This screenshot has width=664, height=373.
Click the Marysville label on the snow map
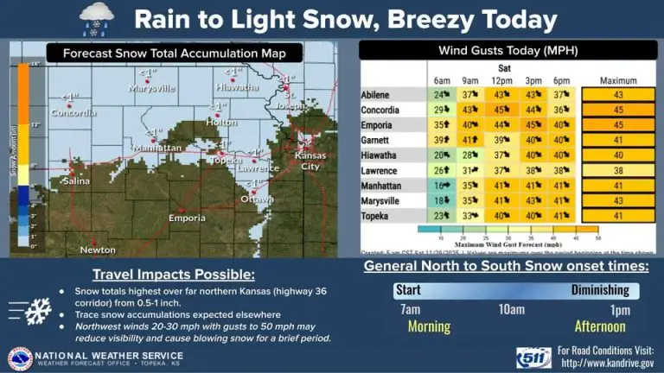[x=151, y=88]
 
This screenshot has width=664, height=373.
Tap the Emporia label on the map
[x=187, y=218]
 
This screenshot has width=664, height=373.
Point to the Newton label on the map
[x=97, y=250]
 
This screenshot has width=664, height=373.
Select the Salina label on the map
[x=74, y=180]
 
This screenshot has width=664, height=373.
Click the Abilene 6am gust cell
[x=443, y=94]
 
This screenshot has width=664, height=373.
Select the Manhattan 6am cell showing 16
[x=443, y=185]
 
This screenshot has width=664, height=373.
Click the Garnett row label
[x=380, y=140]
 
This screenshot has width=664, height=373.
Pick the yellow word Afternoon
[x=599, y=326]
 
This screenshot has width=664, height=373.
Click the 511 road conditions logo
[x=533, y=356]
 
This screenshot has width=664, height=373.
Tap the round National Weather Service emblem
[x=20, y=357]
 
